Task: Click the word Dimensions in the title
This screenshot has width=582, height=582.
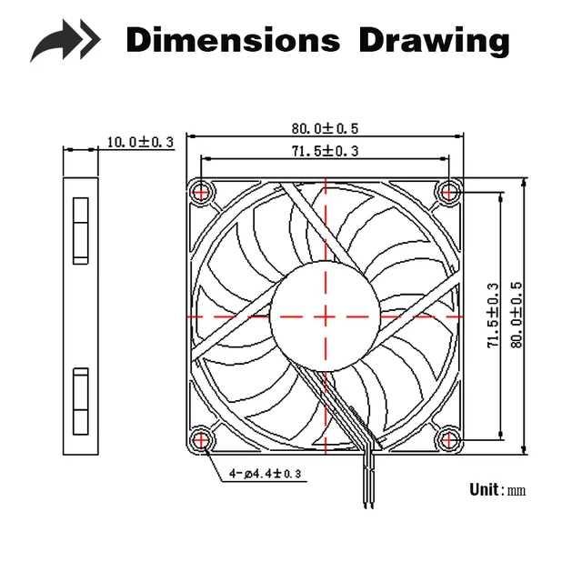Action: point(233,39)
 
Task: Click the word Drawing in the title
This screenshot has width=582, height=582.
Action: point(435,41)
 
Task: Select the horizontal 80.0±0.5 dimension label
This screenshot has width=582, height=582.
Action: point(325,128)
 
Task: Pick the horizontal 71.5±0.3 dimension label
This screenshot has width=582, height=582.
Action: point(325,151)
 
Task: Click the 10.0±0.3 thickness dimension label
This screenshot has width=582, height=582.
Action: point(140,142)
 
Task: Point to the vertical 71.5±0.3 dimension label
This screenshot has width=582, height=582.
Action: point(493,316)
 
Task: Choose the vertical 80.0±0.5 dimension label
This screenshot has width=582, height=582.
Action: point(517,315)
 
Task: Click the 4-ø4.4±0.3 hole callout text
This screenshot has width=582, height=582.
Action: point(265,473)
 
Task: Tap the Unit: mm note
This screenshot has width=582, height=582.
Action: point(497,489)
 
